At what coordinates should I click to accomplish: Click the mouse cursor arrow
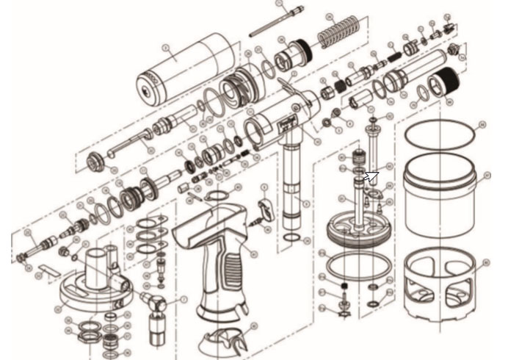click(371, 176)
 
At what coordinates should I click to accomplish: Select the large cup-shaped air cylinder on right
click(443, 195)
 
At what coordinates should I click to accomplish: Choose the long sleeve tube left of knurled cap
click(415, 74)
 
